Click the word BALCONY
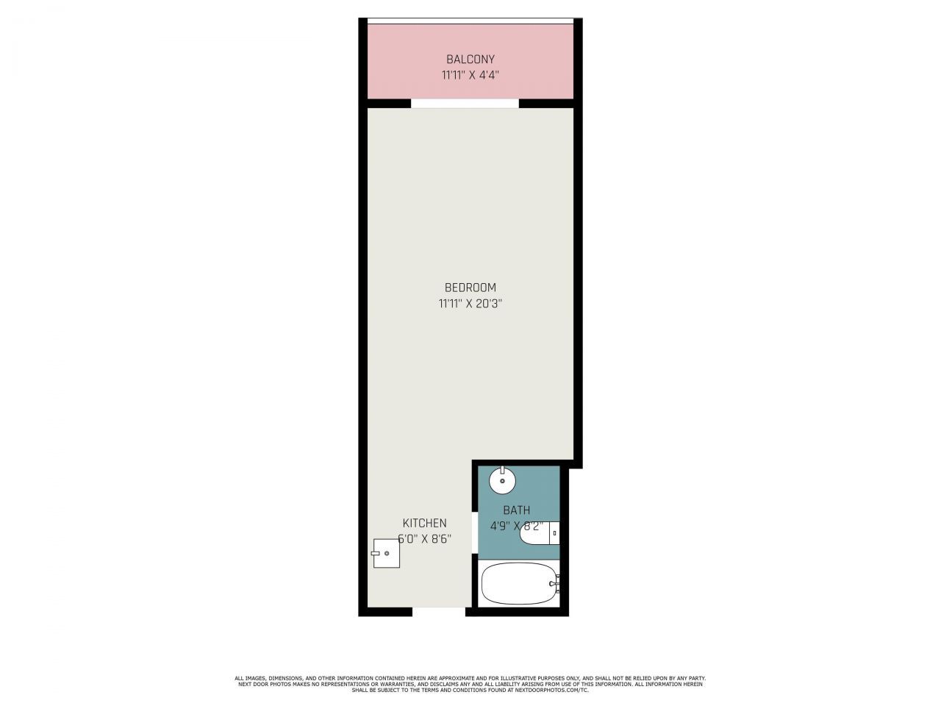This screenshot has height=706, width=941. click(470, 59)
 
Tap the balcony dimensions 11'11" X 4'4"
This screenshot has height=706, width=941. click(470, 74)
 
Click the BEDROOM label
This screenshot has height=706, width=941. click(470, 288)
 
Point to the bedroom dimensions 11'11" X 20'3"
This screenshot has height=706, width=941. click(470, 303)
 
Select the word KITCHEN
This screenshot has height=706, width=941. click(424, 523)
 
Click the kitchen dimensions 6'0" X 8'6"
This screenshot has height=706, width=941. click(424, 538)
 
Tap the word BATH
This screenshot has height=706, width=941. click(516, 510)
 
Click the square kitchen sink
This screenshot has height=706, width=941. click(387, 553)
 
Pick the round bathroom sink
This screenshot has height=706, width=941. click(502, 482)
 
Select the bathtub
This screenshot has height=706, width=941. click(518, 583)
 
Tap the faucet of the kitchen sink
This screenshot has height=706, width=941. click(376, 553)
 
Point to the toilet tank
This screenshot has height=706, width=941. click(555, 532)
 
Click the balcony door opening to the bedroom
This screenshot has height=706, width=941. click(465, 104)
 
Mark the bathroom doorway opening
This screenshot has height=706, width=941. click(474, 530)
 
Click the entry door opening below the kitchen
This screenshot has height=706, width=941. click(439, 610)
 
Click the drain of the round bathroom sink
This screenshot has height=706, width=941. click(502, 482)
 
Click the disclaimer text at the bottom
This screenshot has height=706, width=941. click(470, 681)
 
